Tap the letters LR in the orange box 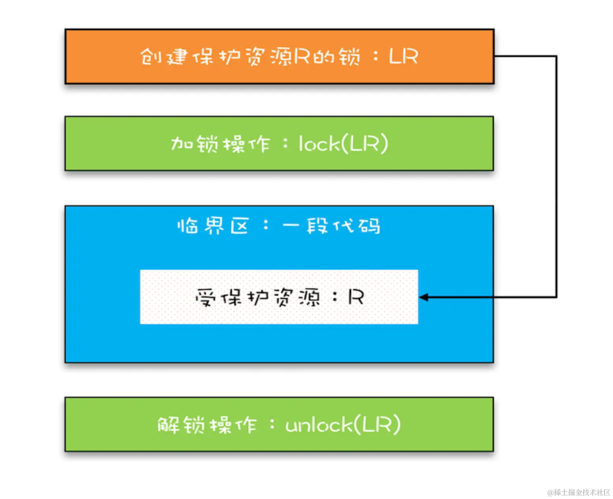coord(403,57)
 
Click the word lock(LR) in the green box coord(343,144)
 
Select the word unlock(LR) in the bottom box coord(342,425)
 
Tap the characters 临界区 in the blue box coord(213,226)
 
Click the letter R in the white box coord(355,297)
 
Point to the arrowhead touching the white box coord(423,297)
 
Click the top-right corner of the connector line coord(556,57)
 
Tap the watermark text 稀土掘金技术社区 coord(582,492)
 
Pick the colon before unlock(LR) coord(272,425)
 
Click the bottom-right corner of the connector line coord(556,297)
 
